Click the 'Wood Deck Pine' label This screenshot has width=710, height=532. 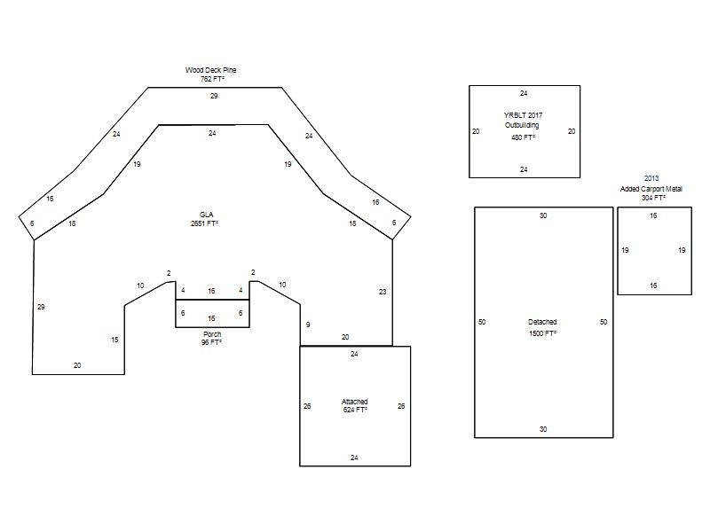(210, 70)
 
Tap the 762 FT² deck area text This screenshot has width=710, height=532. (212, 79)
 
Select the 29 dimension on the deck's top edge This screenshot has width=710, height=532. (214, 96)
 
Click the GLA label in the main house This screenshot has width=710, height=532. (207, 215)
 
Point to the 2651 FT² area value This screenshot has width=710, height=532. (205, 223)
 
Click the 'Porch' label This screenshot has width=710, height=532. (212, 334)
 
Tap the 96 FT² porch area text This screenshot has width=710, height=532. (211, 342)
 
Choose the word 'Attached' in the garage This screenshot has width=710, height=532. (354, 402)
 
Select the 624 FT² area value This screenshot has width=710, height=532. (355, 410)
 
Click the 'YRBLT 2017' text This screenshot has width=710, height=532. (523, 115)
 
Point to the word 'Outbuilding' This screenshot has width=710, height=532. (522, 125)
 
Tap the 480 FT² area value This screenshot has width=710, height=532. (523, 137)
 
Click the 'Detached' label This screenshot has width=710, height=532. (542, 322)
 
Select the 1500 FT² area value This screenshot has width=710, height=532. (542, 333)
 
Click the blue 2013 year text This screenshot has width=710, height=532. (651, 179)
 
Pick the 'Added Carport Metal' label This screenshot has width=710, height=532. (651, 189)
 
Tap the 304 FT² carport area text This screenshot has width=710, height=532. (653, 198)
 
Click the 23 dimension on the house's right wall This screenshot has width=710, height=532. (383, 292)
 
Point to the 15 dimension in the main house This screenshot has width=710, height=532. (114, 340)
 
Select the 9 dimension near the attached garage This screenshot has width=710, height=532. (308, 325)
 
